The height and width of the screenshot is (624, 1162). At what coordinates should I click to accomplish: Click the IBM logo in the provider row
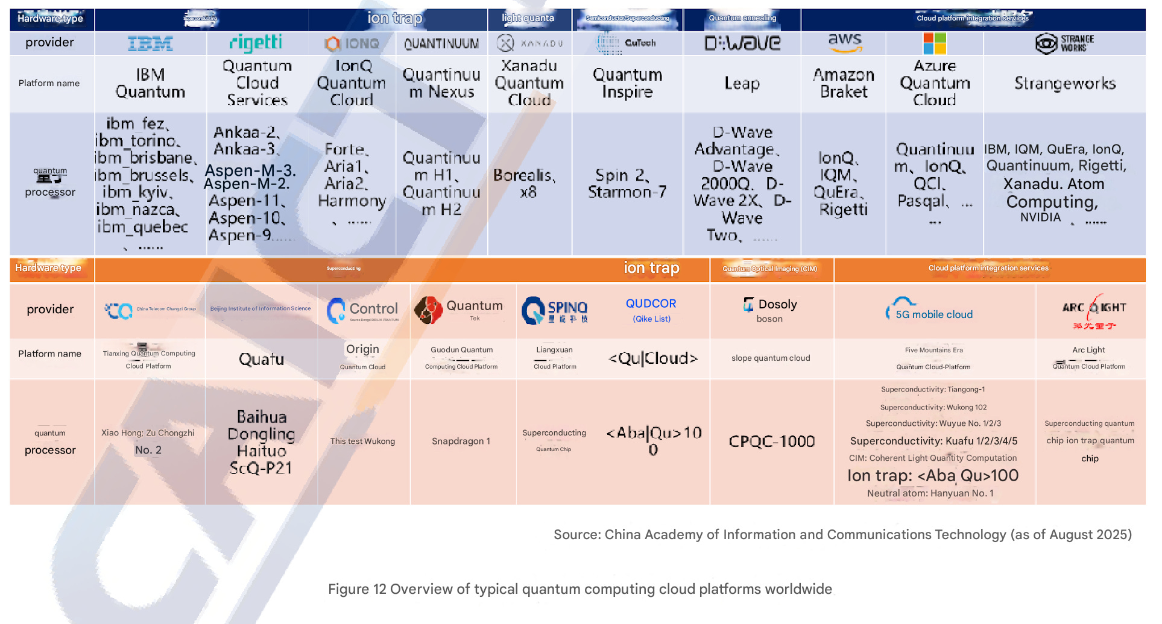[150, 43]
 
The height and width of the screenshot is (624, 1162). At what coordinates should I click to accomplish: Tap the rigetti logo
[256, 43]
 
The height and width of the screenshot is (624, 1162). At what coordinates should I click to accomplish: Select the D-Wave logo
[742, 43]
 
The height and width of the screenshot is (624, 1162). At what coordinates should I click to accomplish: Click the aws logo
[844, 42]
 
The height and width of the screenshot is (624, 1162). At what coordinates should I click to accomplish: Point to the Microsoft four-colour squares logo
[935, 43]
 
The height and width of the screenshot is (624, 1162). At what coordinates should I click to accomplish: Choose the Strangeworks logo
[1064, 43]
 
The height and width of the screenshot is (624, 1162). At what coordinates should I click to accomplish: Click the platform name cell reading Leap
[742, 84]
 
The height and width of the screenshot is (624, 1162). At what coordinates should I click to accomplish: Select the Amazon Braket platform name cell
[844, 83]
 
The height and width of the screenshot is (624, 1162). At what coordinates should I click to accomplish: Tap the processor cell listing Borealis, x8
[529, 184]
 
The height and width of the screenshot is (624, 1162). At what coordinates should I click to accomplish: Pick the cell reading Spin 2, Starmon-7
[627, 184]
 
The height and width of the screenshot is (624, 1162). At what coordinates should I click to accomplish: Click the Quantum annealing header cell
[742, 18]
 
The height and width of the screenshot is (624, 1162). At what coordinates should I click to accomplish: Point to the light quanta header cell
[528, 18]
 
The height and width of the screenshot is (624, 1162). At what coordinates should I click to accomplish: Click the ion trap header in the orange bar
[651, 268]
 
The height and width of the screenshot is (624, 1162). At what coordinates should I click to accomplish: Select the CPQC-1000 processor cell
[772, 441]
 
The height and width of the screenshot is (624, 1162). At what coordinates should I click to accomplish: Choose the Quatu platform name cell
[261, 360]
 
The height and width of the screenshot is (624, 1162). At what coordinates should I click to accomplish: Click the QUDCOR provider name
[651, 304]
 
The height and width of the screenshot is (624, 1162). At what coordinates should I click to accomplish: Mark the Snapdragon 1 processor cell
[461, 441]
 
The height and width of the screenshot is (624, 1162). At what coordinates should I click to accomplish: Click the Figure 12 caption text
[579, 589]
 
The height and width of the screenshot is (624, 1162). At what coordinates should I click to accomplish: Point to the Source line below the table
[842, 535]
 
